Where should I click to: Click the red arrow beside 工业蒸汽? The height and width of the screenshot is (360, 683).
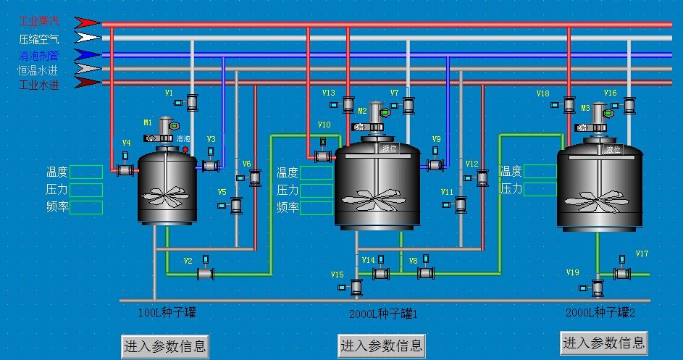[x=88, y=22]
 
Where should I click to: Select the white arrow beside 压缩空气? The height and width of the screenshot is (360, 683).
[x=88, y=38]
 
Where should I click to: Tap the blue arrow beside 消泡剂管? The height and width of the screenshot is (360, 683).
[x=88, y=54]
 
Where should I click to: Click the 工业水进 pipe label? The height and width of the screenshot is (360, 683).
[x=38, y=85]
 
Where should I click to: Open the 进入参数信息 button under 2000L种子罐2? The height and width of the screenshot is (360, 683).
[x=603, y=342]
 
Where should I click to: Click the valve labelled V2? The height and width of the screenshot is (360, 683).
[x=206, y=273]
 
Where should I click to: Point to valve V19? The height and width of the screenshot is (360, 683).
[x=598, y=288]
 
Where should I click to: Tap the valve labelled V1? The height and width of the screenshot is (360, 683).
[x=192, y=103]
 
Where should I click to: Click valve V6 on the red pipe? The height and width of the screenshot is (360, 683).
[x=255, y=177]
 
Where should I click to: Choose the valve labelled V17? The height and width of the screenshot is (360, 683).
[x=621, y=273]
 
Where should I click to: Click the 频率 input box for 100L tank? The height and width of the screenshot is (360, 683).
[x=86, y=207]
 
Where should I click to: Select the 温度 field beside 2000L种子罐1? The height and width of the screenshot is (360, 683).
[x=316, y=172]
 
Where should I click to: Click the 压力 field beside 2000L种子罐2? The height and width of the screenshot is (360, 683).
[x=540, y=188]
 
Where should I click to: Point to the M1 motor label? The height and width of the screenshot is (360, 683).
[x=147, y=122]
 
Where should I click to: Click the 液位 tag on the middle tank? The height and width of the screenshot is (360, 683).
[x=390, y=148]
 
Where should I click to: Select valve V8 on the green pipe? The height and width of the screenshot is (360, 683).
[x=426, y=272]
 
